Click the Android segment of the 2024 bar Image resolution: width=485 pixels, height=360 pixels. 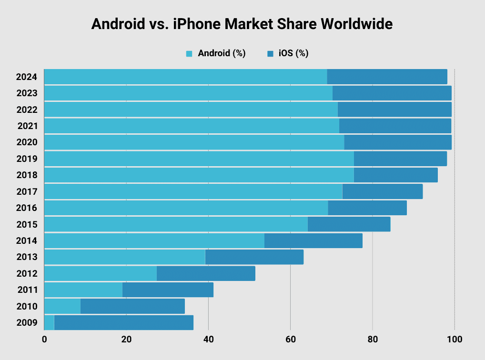tap(185, 77)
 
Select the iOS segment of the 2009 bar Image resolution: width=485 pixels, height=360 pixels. tap(124, 322)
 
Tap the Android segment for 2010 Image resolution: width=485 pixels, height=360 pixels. tap(62, 306)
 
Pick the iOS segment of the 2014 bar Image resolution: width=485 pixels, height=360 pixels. tap(313, 240)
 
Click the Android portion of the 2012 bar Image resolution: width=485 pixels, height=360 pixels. tap(100, 273)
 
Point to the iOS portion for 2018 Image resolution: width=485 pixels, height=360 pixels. tap(395, 175)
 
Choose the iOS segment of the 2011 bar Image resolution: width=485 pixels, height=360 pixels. tap(168, 290)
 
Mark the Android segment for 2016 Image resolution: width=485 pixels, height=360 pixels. tap(186, 208)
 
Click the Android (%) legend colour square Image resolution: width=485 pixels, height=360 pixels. tap(189, 54)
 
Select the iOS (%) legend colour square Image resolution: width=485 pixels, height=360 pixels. tap(270, 54)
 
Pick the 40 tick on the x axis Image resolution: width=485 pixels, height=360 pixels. tap(208, 340)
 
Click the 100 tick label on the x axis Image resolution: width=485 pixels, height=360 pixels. tap(455, 340)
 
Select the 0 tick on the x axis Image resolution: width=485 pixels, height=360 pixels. tap(44, 340)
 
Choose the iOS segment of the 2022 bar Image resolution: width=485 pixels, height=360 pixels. tap(394, 109)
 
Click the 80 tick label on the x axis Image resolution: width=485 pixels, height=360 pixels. tap(373, 340)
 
